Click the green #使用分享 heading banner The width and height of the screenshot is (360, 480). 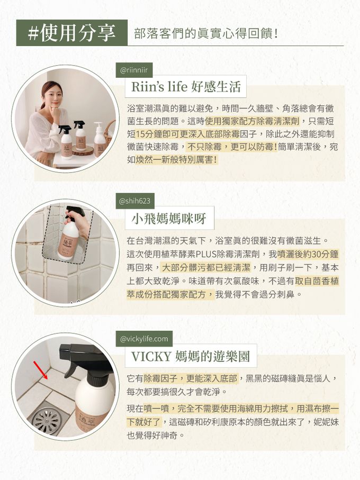tap(71, 33)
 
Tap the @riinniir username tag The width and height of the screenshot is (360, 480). tap(134, 70)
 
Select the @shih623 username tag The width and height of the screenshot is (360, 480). tap(134, 201)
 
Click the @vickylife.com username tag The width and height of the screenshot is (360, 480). tap(143, 338)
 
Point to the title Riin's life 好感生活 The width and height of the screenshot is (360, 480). tap(183, 86)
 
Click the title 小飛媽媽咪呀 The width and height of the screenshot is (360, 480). tap(169, 218)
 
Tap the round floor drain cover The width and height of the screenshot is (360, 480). tap(47, 420)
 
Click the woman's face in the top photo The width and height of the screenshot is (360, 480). tap(51, 95)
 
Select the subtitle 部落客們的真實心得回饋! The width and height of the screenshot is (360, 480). tap(207, 33)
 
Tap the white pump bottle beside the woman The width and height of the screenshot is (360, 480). tap(100, 140)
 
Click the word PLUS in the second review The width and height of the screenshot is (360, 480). tap(205, 254)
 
